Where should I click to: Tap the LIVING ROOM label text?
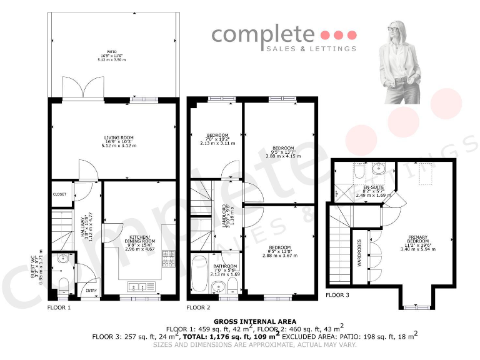[x=118, y=138]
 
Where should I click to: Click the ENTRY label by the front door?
[x=91, y=290]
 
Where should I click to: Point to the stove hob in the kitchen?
[x=168, y=256]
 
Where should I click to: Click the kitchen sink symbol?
[x=141, y=287]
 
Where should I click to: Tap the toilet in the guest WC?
[x=62, y=284]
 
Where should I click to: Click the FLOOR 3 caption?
[x=337, y=295]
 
